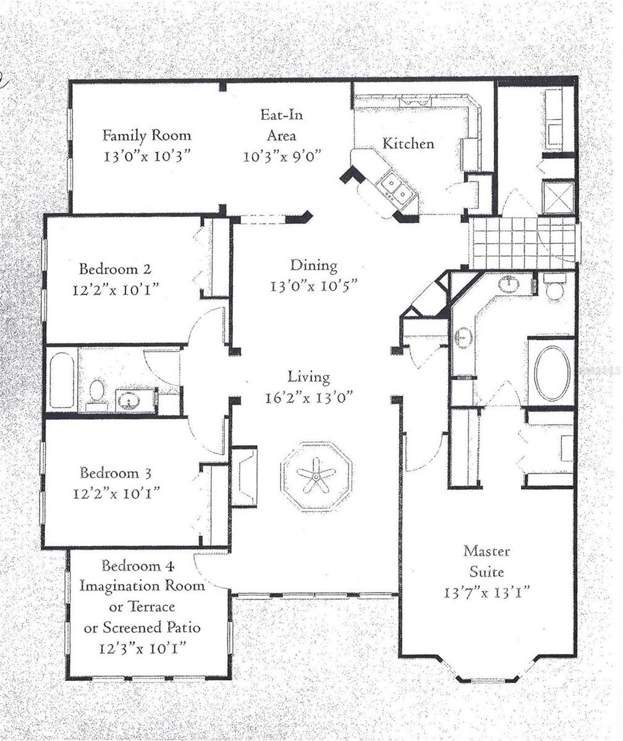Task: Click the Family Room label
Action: pos(146,135)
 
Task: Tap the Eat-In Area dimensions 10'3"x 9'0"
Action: pos(281,157)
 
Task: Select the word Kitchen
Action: pos(408,144)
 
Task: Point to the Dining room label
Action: pos(314,266)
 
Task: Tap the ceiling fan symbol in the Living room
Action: pos(316,475)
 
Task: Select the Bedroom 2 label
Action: pos(115,269)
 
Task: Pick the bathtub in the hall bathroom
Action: pos(62,380)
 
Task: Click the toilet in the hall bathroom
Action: pos(97,391)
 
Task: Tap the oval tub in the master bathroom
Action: pos(552,373)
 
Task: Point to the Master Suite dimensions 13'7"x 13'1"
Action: pos(487,592)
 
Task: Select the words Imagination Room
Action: pos(142,586)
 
